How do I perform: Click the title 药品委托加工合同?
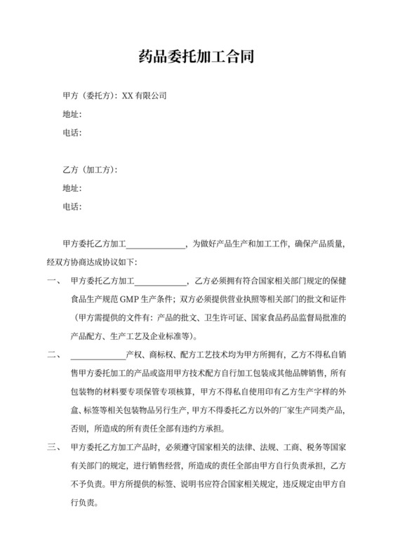click(x=196, y=56)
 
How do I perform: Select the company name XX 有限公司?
click(x=145, y=95)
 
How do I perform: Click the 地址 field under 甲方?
click(x=73, y=114)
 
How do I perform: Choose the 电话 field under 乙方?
click(x=73, y=207)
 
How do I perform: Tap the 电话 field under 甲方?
click(x=73, y=133)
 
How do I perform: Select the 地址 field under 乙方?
click(x=73, y=188)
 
